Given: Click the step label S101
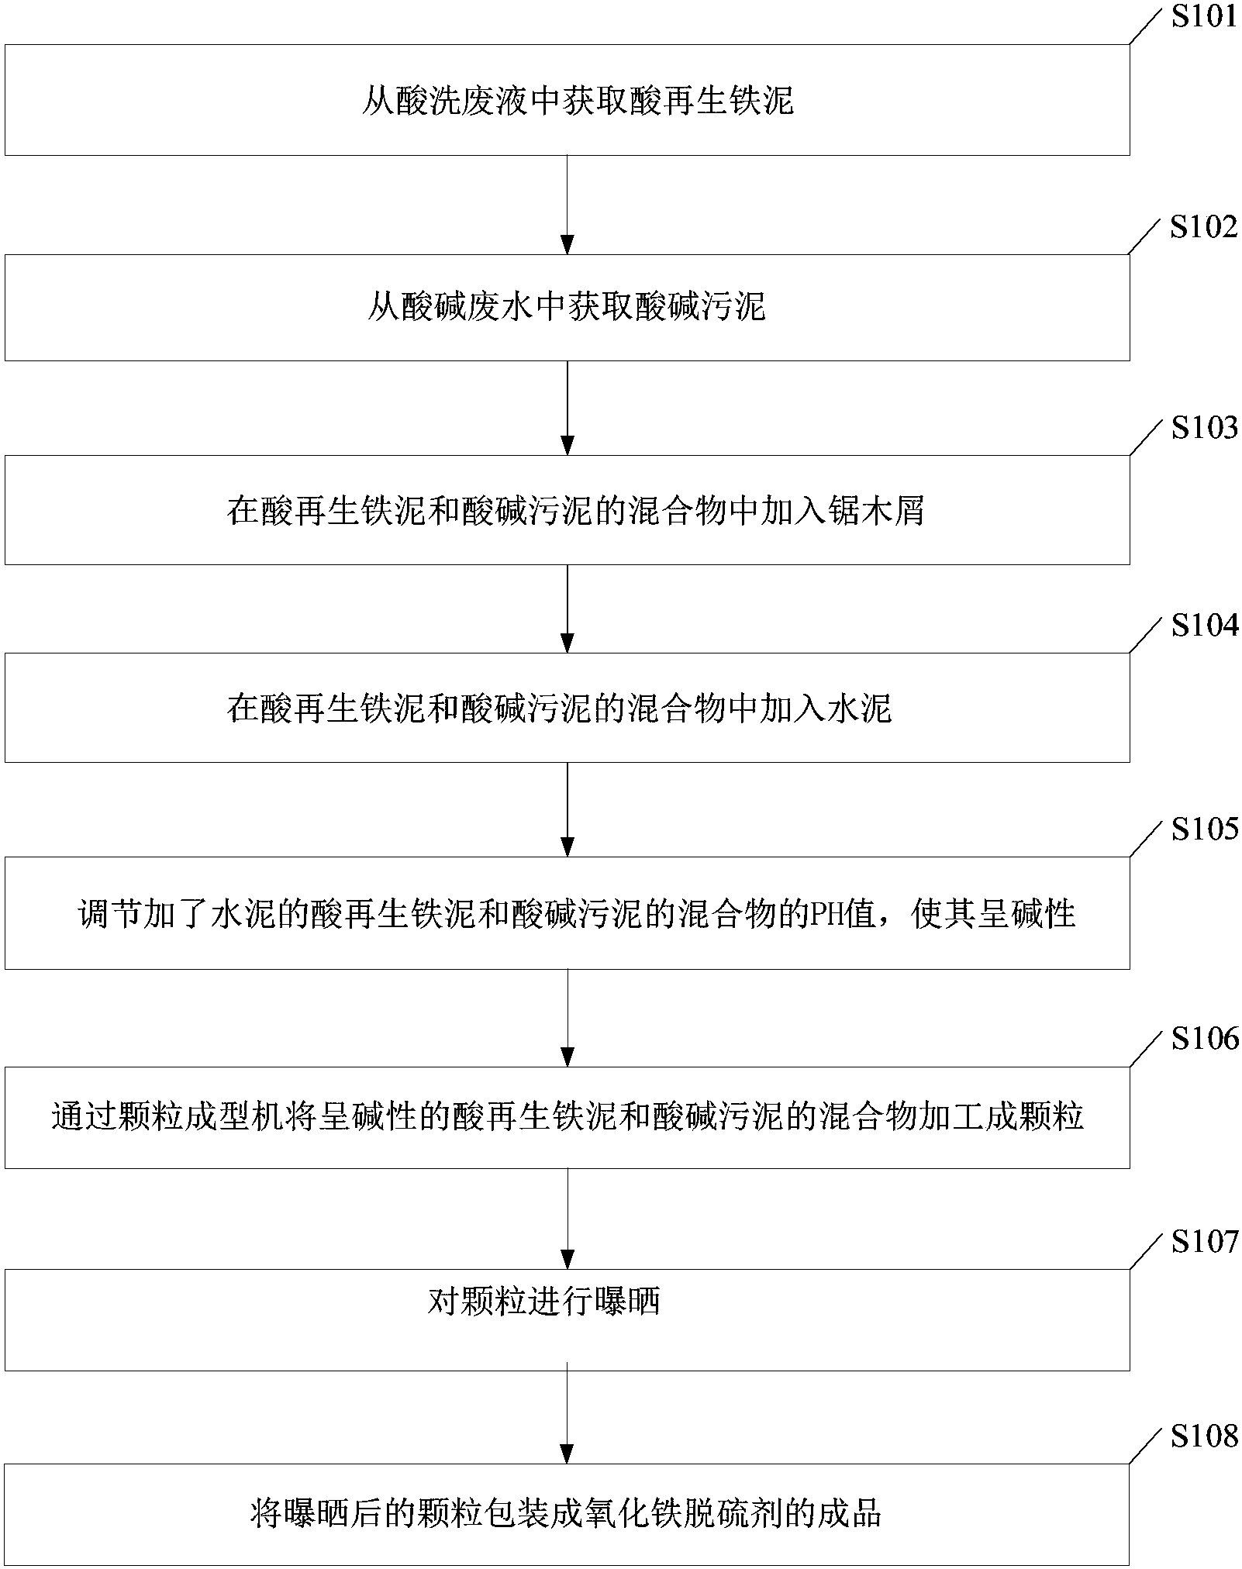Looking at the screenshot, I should (1203, 17).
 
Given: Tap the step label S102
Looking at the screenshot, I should (1203, 227).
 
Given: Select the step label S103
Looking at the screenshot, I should (1203, 427).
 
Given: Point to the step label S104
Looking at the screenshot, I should (1203, 626).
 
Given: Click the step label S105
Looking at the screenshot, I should (1203, 829).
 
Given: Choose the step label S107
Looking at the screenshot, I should (1203, 1242).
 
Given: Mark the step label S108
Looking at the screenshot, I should (1203, 1436).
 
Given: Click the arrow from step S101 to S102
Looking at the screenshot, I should (568, 205).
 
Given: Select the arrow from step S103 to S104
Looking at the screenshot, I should (568, 609).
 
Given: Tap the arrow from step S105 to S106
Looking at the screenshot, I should (568, 1018).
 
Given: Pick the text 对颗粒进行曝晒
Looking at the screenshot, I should (543, 1302).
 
